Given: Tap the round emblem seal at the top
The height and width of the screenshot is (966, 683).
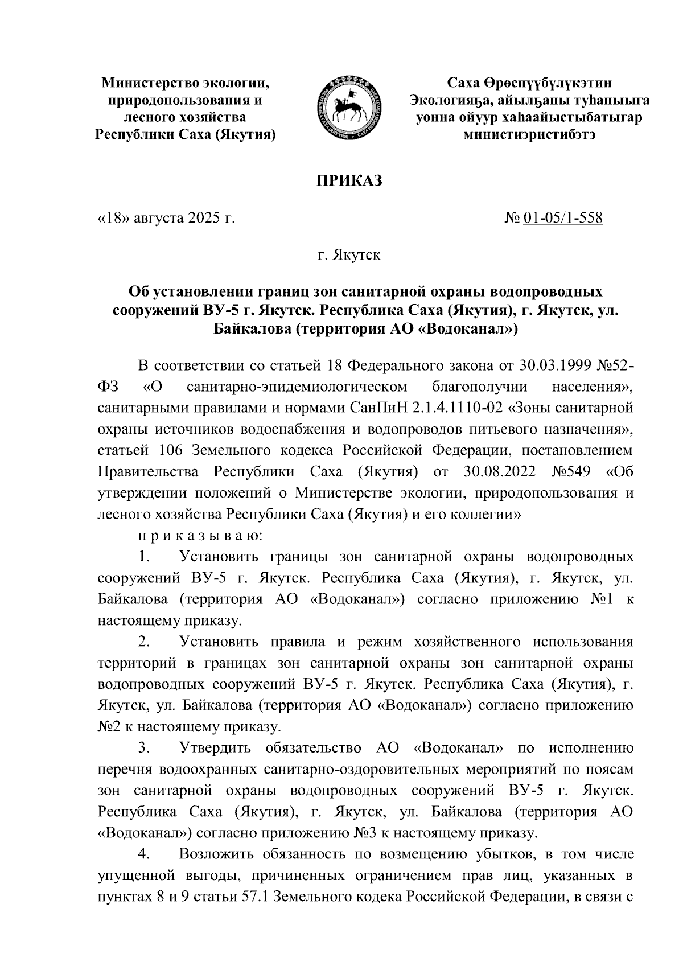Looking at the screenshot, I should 348,108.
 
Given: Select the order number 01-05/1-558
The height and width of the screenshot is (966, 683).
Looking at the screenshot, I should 562,219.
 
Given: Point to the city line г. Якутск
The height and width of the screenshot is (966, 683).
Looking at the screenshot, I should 348,255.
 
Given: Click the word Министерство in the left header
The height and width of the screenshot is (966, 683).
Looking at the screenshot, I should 147,84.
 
